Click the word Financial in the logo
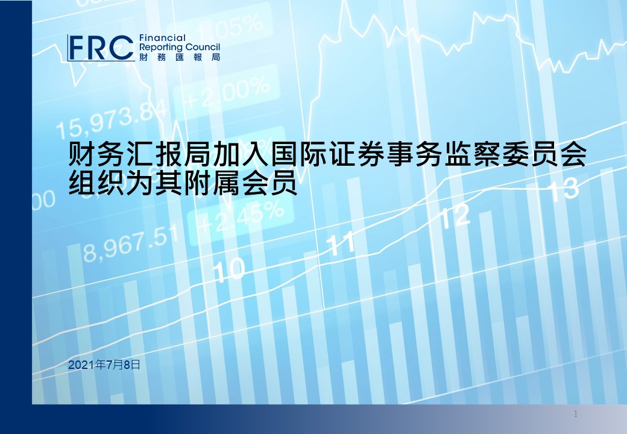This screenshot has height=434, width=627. [163, 39]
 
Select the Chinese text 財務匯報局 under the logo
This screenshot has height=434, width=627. [180, 57]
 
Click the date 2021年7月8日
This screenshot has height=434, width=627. [104, 365]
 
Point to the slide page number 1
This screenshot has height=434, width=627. [576, 414]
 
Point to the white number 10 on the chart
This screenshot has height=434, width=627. [228, 269]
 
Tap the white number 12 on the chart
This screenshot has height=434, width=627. [455, 216]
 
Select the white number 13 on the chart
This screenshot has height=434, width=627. [564, 189]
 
